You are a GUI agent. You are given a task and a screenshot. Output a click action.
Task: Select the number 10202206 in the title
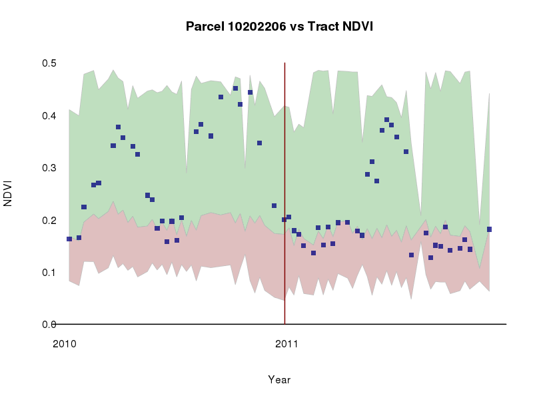click(x=257, y=27)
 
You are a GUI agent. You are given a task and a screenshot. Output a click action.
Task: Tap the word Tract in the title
click(x=324, y=27)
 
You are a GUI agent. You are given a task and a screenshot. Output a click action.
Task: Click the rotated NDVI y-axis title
click(x=9, y=193)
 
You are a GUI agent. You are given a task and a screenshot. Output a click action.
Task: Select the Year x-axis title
click(x=279, y=380)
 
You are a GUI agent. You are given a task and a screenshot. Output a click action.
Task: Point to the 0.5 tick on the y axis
click(x=49, y=63)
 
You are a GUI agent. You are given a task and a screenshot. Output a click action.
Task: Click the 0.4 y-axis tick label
click(x=49, y=116)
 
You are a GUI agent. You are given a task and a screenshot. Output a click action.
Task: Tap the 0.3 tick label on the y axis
click(x=49, y=168)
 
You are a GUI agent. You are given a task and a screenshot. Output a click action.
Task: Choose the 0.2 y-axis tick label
click(x=49, y=220)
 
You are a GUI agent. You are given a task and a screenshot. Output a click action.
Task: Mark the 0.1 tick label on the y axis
click(x=49, y=272)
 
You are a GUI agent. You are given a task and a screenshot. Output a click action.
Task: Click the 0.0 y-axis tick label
click(x=49, y=325)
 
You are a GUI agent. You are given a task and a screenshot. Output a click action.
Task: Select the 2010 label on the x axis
click(x=64, y=345)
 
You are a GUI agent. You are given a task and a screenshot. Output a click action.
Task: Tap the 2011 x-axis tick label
click(x=286, y=345)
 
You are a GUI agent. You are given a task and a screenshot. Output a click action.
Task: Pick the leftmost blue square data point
click(x=69, y=239)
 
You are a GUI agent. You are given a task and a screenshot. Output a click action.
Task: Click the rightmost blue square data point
click(x=489, y=229)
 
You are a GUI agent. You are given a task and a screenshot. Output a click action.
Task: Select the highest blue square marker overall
click(x=235, y=88)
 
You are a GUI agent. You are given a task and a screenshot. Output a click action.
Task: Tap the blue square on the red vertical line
click(x=284, y=219)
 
